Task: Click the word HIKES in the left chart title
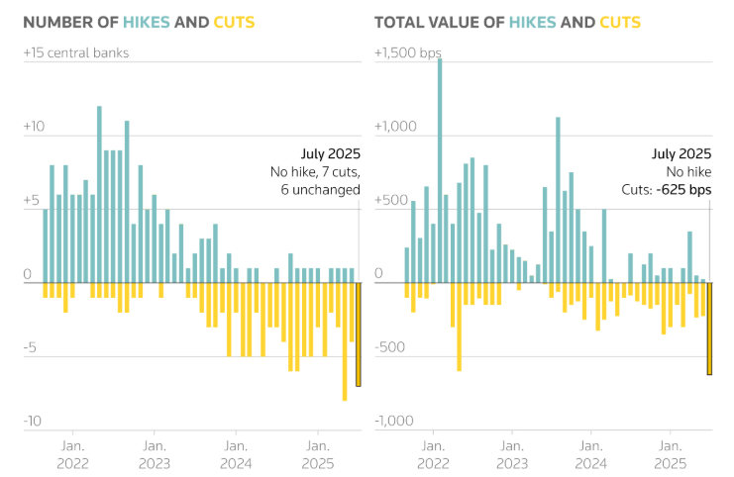147,22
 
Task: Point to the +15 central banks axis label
75,52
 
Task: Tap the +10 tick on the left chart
34,128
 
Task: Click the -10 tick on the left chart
34,422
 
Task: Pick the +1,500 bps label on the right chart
407,52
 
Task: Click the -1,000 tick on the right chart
394,422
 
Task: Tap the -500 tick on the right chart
390,347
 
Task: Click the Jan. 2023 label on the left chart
154,454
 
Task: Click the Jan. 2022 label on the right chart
433,454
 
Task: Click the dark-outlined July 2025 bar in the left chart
358,334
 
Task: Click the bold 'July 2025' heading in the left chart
330,153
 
